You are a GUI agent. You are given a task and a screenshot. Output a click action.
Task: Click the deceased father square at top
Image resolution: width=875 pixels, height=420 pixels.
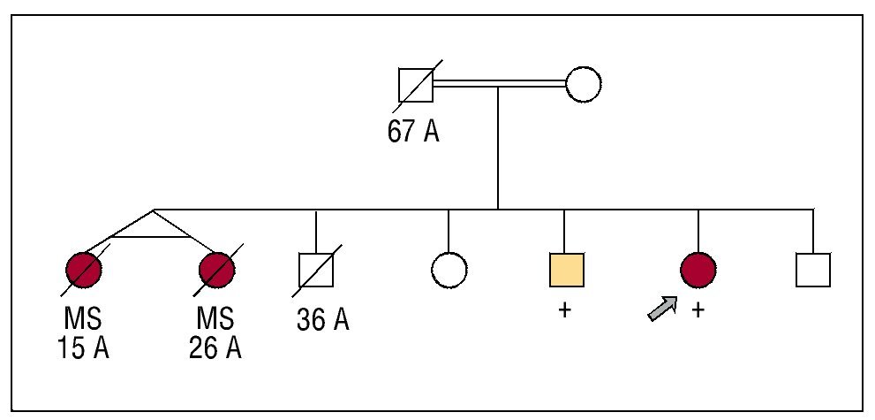pyautogui.click(x=416, y=85)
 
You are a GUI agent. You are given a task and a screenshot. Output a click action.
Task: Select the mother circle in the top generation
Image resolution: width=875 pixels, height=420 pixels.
pyautogui.click(x=583, y=84)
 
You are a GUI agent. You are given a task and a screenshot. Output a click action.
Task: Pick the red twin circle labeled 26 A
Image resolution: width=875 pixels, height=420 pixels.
pyautogui.click(x=216, y=269)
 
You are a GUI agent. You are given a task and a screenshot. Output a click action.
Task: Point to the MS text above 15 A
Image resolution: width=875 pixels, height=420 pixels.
pyautogui.click(x=85, y=317)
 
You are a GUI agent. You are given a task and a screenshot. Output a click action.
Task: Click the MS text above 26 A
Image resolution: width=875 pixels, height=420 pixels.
pyautogui.click(x=215, y=317)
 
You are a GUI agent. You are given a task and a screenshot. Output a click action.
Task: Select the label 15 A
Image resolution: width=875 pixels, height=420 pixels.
pyautogui.click(x=85, y=347)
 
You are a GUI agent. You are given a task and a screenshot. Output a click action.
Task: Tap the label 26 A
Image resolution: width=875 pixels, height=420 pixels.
pyautogui.click(x=215, y=347)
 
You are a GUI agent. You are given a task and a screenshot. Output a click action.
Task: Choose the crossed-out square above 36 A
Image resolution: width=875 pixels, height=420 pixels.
pyautogui.click(x=317, y=270)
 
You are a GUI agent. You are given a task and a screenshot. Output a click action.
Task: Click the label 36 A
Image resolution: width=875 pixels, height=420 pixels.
pyautogui.click(x=323, y=319)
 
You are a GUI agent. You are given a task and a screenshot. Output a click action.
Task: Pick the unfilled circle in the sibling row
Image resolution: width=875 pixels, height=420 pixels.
pyautogui.click(x=449, y=270)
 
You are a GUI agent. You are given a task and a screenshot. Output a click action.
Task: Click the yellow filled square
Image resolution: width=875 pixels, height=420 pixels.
pyautogui.click(x=566, y=270)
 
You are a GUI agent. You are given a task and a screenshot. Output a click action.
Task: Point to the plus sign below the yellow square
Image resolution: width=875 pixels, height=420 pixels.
pyautogui.click(x=565, y=310)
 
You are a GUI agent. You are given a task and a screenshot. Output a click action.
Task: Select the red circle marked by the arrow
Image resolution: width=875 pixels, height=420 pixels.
pyautogui.click(x=698, y=270)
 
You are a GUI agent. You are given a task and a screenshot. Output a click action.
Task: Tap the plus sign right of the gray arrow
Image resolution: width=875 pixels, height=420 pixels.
pyautogui.click(x=698, y=310)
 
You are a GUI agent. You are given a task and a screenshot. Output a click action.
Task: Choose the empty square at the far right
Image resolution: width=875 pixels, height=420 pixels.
pyautogui.click(x=813, y=270)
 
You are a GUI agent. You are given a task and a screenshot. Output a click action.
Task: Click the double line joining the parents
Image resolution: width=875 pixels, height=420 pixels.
pyautogui.click(x=499, y=84)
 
